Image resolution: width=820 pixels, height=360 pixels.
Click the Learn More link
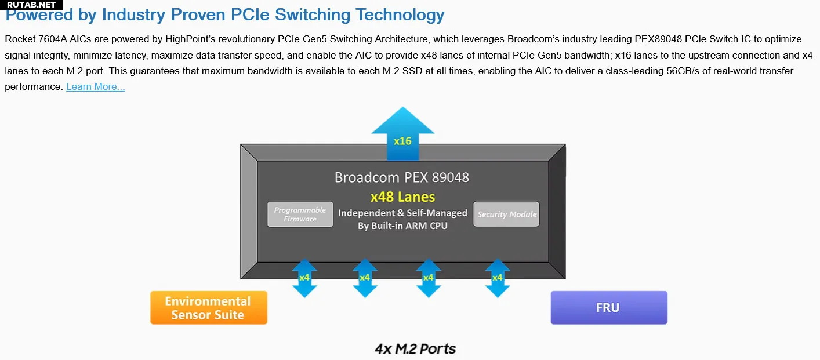pos(96,87)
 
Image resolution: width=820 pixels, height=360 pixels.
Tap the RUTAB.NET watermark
pos(31,5)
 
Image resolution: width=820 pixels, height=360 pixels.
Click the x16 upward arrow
pos(402,133)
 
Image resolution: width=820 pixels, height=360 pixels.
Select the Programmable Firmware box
pos(300,214)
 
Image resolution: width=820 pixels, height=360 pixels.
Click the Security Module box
pos(506,214)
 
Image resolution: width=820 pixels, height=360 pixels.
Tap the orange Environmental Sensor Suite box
pos(209,308)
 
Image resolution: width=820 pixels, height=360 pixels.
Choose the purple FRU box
pos(609,308)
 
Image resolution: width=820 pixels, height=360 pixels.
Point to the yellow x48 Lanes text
pos(402,197)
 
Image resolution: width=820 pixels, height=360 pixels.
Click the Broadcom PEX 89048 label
pos(401,177)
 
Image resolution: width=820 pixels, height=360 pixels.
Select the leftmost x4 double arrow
pos(304,278)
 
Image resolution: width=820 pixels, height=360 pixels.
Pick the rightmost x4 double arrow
pos(498,278)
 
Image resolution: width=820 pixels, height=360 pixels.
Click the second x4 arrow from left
pos(365,278)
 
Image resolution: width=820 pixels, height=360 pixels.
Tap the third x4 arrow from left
pos(429,278)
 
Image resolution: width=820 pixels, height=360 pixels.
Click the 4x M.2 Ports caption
pos(415,349)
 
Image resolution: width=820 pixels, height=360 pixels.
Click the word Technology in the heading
pos(400,16)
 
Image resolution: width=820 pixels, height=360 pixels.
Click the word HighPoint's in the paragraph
pos(190,39)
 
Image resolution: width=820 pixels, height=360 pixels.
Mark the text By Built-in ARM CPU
pos(402,226)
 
